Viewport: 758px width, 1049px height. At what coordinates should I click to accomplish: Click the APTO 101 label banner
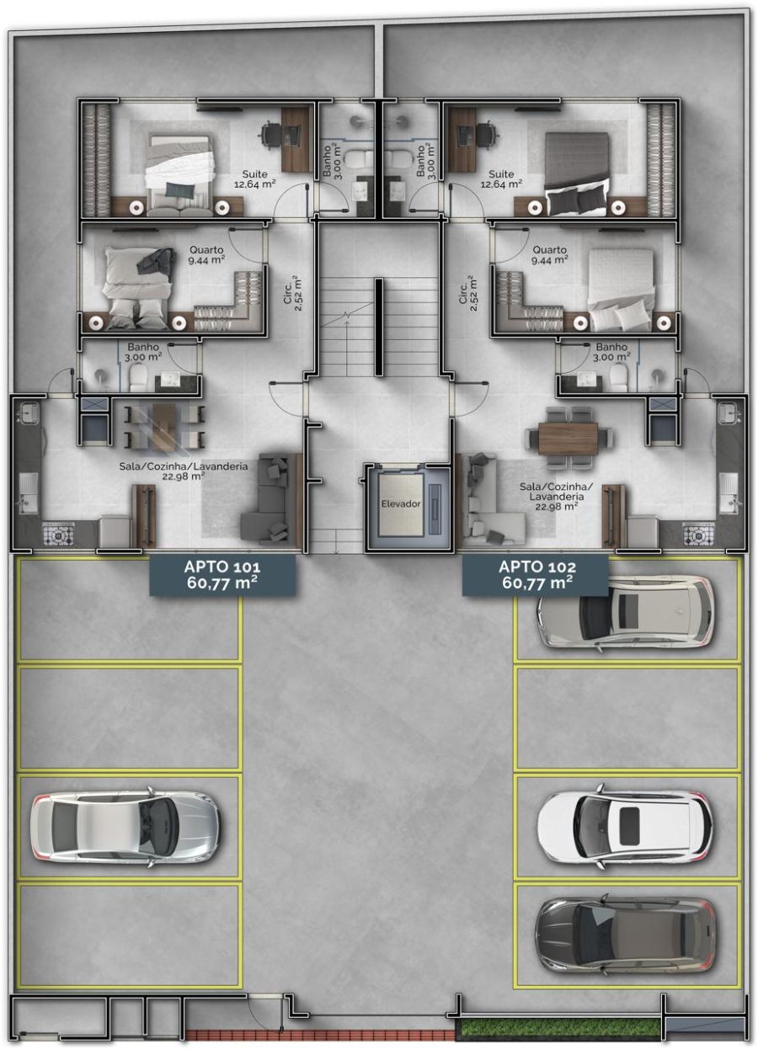(x=222, y=575)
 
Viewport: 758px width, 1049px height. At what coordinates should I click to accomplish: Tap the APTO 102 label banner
(x=536, y=575)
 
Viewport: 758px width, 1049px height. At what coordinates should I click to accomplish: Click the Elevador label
(x=401, y=504)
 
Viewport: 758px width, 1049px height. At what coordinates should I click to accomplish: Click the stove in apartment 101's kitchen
(x=59, y=534)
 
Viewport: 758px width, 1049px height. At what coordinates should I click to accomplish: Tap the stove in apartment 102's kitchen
(x=698, y=534)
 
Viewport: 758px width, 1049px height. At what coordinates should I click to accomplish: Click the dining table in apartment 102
(x=568, y=439)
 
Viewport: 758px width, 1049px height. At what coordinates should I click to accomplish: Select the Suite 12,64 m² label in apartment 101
(x=254, y=178)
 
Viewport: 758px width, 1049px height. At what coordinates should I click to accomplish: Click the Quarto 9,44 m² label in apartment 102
(x=549, y=255)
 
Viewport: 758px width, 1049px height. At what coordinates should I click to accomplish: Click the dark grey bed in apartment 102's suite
(x=578, y=173)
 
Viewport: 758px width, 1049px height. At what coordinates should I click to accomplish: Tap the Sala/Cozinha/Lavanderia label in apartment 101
(x=183, y=471)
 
